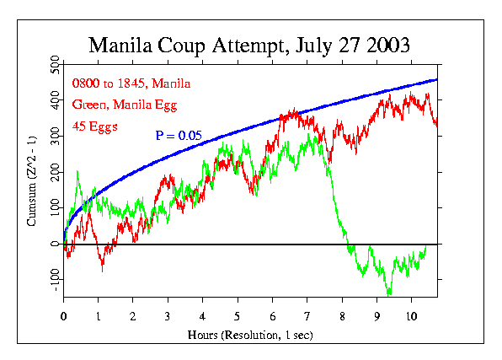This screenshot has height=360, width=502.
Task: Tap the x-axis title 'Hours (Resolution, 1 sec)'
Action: click(x=249, y=334)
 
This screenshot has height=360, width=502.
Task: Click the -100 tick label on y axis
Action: click(x=54, y=279)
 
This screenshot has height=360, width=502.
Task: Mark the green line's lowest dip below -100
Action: click(x=389, y=293)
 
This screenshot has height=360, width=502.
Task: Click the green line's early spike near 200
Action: click(x=77, y=172)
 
